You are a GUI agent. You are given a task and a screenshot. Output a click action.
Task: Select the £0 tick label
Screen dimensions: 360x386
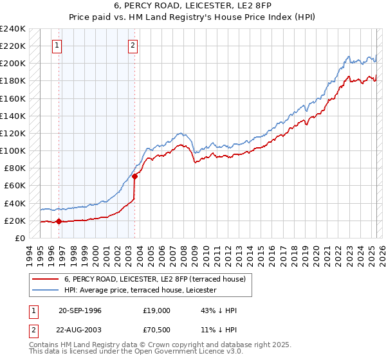pyautogui.click(x=20, y=238)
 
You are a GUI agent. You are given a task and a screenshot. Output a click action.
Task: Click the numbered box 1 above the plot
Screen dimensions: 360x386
pyautogui.click(x=58, y=46)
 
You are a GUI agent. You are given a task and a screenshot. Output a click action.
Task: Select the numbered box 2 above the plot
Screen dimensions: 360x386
pyautogui.click(x=133, y=46)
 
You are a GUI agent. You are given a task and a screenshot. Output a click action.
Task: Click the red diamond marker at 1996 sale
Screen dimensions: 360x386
pyautogui.click(x=59, y=221)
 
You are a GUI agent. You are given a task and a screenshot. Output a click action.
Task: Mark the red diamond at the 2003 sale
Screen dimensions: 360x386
pyautogui.click(x=135, y=176)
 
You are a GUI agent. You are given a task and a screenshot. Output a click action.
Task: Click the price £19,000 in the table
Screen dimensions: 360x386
pyautogui.click(x=157, y=310)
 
